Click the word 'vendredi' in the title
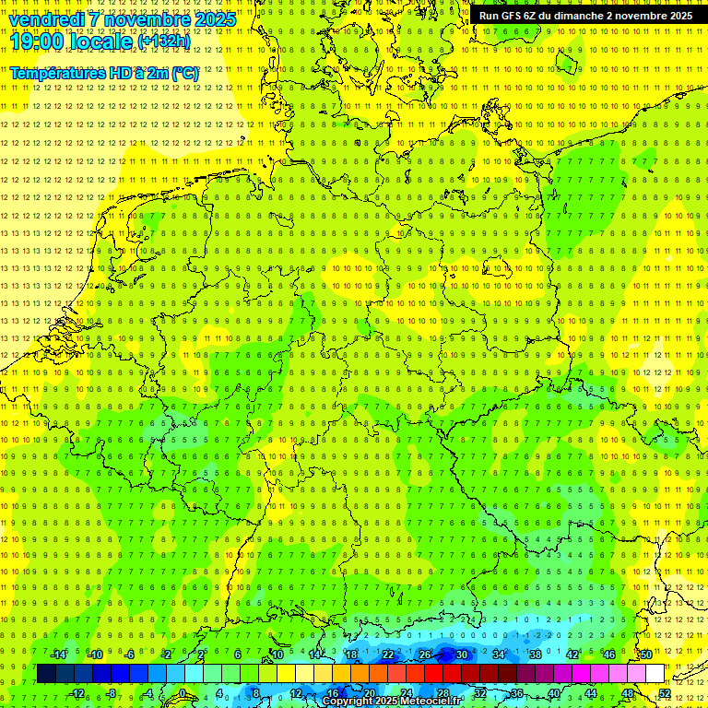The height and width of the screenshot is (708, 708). pyautogui.click(x=48, y=19)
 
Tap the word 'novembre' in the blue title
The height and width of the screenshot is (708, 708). pyautogui.click(x=147, y=19)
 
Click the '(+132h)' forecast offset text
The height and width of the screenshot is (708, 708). pyautogui.click(x=164, y=41)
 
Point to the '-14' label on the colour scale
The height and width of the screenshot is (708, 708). pyautogui.click(x=58, y=655)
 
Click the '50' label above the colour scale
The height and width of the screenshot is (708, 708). pyautogui.click(x=646, y=655)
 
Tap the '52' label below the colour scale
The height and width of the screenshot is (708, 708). pyautogui.click(x=665, y=693)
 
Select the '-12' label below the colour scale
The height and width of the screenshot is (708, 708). pyautogui.click(x=77, y=693)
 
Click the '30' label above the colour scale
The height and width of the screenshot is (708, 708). pyautogui.click(x=461, y=655)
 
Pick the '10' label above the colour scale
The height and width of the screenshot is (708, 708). pyautogui.click(x=277, y=655)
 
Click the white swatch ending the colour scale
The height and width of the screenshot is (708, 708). pyautogui.click(x=655, y=674)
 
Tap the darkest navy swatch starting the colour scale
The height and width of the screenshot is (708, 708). pyautogui.click(x=46, y=674)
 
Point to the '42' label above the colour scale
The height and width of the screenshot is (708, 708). pyautogui.click(x=572, y=655)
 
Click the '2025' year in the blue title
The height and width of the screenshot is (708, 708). pyautogui.click(x=213, y=19)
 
